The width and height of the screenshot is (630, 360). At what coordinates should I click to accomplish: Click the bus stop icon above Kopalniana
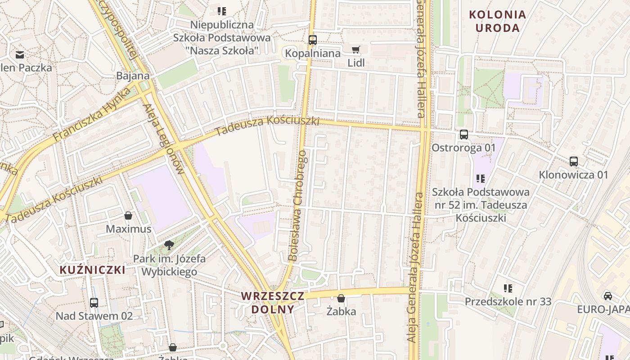(313, 40)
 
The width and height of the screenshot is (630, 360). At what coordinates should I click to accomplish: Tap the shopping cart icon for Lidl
(356, 49)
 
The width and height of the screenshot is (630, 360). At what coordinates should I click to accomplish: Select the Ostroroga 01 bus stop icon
(463, 134)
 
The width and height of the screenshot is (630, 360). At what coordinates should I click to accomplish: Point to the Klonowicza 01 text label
(573, 175)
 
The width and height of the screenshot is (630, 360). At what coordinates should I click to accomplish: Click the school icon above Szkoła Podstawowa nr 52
(481, 179)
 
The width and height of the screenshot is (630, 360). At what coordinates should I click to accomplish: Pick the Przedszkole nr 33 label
(508, 301)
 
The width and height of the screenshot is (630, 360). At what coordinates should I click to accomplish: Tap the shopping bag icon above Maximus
(128, 216)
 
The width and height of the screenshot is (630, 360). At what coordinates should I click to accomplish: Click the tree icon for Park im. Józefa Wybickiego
(169, 245)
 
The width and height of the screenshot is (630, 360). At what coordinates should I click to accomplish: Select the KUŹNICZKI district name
(92, 270)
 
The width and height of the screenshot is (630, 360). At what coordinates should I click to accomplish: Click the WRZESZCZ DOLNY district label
(273, 302)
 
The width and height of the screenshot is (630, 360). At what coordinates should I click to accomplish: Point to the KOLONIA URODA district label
(497, 21)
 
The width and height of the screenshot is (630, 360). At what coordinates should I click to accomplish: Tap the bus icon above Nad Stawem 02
(94, 302)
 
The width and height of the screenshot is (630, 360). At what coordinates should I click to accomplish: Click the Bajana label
(133, 76)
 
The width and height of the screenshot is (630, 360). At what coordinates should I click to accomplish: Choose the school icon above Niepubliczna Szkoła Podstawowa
(221, 11)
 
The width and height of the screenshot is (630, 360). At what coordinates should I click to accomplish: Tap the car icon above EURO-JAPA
(607, 296)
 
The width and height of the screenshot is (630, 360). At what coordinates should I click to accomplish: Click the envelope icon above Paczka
(20, 55)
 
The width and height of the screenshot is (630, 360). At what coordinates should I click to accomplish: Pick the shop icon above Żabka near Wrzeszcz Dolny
(341, 298)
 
